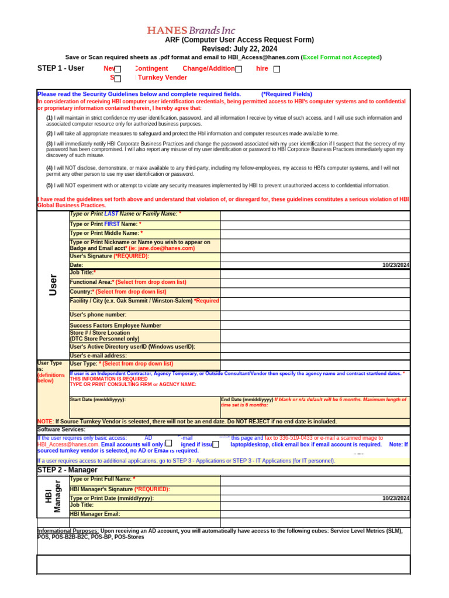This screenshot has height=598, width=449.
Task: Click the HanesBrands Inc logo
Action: [x=191, y=30]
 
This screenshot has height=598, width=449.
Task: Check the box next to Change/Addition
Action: [x=239, y=69]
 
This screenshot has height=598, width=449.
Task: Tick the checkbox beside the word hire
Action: [x=277, y=69]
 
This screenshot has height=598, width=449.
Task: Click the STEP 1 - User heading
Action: [x=61, y=68]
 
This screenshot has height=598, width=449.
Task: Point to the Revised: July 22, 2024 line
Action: [x=239, y=48]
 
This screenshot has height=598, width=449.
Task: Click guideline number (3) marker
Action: [x=50, y=144]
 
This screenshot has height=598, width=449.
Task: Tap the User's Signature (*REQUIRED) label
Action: [x=109, y=256]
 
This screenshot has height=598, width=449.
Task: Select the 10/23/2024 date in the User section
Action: [x=396, y=265]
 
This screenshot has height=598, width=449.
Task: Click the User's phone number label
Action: [x=98, y=315]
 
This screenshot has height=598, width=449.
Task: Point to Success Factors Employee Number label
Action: [x=115, y=325]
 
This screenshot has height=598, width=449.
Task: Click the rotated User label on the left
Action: [x=53, y=284]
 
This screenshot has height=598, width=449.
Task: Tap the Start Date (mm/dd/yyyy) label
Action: [x=98, y=400]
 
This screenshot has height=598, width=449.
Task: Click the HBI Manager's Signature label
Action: [x=120, y=489]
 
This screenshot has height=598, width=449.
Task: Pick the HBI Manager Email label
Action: [x=95, y=514]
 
